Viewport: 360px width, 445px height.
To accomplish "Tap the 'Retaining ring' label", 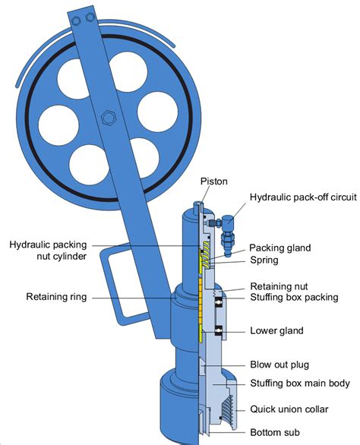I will pyautogui.click(x=56, y=297).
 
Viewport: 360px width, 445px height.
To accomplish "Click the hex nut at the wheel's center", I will pyautogui.click(x=106, y=118).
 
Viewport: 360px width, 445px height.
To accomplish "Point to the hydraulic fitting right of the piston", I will pyautogui.click(x=225, y=227).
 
